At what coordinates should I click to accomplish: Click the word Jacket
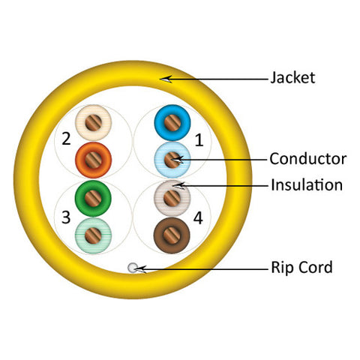pos(292,77)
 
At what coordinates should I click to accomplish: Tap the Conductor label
pos(308,159)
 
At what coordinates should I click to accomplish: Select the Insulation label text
pos(307,185)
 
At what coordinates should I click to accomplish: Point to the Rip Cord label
pos(301,267)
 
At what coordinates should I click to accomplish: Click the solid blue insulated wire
pos(172,123)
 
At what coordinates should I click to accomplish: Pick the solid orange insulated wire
pos(93,160)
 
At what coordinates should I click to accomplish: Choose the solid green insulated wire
pos(93,199)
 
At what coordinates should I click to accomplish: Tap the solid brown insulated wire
pos(172,235)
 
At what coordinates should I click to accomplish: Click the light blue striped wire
pos(172,160)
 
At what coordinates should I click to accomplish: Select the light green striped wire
pos(93,235)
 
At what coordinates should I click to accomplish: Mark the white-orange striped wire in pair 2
pos(94,122)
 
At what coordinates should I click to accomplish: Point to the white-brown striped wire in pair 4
pos(172,199)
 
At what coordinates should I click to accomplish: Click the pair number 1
pos(199,140)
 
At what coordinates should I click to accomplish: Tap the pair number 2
pos(66,139)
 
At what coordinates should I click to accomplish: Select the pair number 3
pos(66,217)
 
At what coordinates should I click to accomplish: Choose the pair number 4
pos(198,218)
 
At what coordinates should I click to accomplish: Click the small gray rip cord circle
pos(133,268)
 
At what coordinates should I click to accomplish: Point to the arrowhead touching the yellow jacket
pos(166,79)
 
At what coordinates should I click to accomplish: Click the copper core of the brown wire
pos(172,235)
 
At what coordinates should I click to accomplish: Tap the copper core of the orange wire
pos(93,160)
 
